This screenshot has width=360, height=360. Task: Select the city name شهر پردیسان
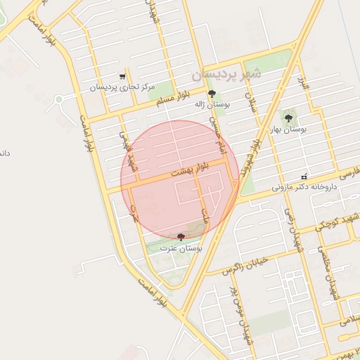coord(226,72)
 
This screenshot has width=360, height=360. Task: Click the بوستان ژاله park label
coord(212,104)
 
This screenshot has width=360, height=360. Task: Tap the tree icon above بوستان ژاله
coord(212,94)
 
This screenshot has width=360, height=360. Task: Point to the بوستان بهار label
coord(289,129)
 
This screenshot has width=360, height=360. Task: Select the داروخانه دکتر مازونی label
coord(302,187)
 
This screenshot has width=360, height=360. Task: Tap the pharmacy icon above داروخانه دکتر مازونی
coord(304,176)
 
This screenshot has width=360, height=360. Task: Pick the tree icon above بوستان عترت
coord(181,237)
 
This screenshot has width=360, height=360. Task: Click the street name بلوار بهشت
coord(191,169)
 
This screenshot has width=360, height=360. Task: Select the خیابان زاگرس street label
coord(246,265)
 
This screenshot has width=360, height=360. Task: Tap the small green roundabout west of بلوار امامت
coord(58,99)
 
